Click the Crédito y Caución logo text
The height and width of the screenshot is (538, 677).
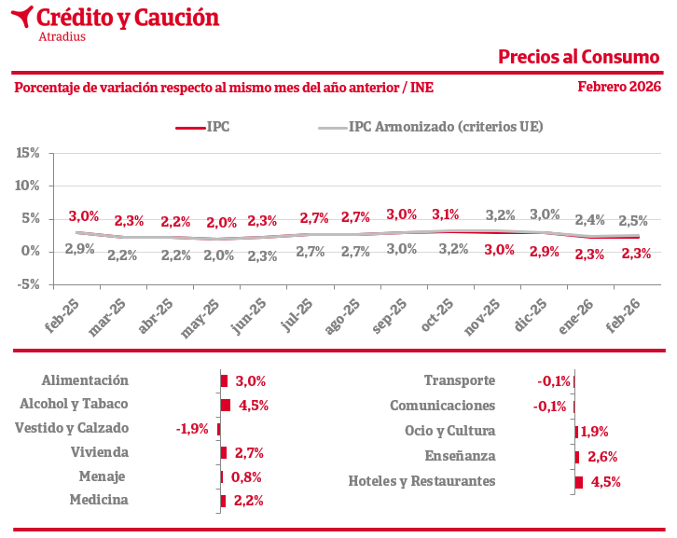coord(128,18)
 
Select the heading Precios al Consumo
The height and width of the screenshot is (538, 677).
coord(578,57)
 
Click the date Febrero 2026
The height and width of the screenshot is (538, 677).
coord(618,87)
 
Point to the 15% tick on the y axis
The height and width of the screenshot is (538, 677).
coord(29,153)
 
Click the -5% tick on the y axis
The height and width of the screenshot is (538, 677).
coord(29,284)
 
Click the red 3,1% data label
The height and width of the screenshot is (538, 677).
coord(446,214)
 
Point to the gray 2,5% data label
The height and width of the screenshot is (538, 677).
coord(633,221)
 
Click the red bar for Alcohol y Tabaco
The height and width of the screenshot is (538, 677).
coord(226,405)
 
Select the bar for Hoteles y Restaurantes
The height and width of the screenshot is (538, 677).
coord(579,482)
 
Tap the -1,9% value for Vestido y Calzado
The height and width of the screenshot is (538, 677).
coord(193,429)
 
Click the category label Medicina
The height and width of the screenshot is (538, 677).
coord(99,500)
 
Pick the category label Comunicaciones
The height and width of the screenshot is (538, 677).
coord(442,406)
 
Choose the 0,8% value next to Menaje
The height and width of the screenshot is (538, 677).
coord(246,476)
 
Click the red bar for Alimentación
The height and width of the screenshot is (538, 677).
coord(224,380)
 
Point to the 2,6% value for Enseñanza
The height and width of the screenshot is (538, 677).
coord(601,457)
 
